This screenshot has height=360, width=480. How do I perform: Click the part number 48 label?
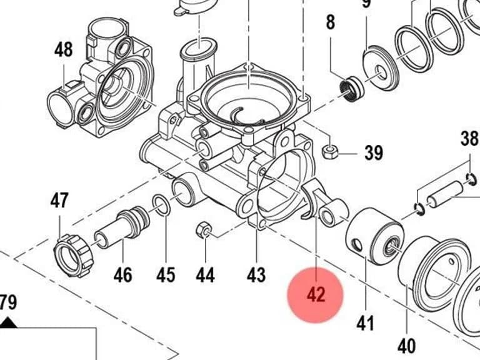pyautogui.click(x=64, y=50)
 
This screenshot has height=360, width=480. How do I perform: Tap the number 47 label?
pyautogui.click(x=59, y=200)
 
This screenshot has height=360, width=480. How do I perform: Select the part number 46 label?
pyautogui.click(x=123, y=275)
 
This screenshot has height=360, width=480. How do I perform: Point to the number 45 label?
pyautogui.click(x=166, y=275)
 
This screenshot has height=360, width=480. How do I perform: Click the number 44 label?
pyautogui.click(x=205, y=275)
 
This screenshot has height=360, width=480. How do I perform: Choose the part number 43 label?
pyautogui.click(x=256, y=275)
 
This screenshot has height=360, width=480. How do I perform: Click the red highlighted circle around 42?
pyautogui.click(x=315, y=295)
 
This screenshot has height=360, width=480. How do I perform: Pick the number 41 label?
pyautogui.click(x=366, y=323)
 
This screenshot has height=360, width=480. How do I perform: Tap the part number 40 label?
pyautogui.click(x=406, y=346)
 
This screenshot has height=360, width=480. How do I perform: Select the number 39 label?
pyautogui.click(x=374, y=152)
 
